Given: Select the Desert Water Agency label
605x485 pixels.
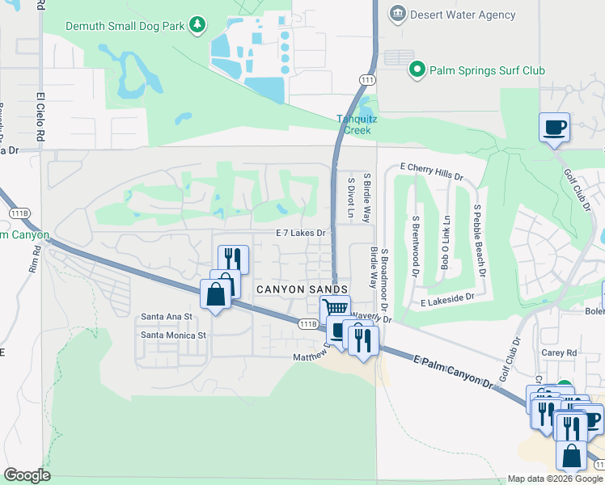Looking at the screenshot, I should [x=462, y=15].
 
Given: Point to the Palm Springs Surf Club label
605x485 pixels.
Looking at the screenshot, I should [x=488, y=70].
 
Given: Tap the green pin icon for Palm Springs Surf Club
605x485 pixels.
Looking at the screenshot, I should [x=417, y=70].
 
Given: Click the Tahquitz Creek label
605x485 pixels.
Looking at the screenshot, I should [x=357, y=124].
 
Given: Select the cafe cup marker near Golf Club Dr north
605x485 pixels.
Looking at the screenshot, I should [x=554, y=128].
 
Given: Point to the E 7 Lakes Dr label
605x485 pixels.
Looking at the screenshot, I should [x=300, y=233].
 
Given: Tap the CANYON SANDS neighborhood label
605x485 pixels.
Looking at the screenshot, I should [x=302, y=289].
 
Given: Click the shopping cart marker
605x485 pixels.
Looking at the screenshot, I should [x=334, y=309].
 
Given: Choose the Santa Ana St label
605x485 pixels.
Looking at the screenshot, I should [x=166, y=317].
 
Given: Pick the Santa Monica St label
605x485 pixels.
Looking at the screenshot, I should [x=174, y=335].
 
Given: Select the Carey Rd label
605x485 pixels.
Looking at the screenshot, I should [x=560, y=353].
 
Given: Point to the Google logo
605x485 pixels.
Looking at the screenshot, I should [x=27, y=475].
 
